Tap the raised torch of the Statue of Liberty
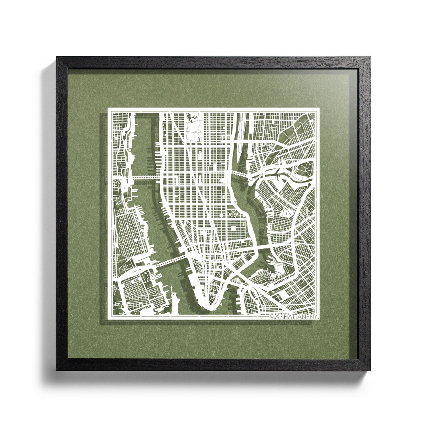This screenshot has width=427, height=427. pyautogui.click(x=172, y=291)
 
